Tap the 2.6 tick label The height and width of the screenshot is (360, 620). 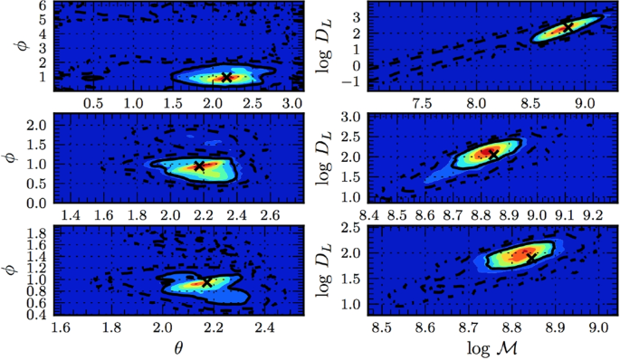tap(269, 214)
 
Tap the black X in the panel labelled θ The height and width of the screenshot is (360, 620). tap(206, 282)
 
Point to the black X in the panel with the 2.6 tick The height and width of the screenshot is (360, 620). tap(199, 166)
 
